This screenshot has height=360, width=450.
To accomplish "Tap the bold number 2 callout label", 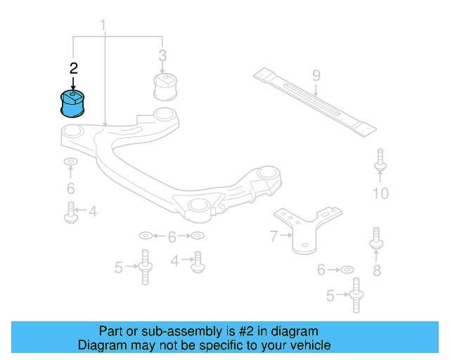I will (73, 68).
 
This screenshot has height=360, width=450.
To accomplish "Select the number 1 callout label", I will (103, 26).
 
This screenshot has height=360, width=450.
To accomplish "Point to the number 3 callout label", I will (162, 55).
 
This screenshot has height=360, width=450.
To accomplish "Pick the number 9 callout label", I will (316, 75).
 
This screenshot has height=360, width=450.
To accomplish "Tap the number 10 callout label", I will (380, 193).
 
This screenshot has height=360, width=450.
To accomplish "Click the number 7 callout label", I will (274, 237).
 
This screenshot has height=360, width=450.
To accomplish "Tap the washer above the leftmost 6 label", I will (71, 164).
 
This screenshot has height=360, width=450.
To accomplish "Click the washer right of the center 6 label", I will (198, 235).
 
